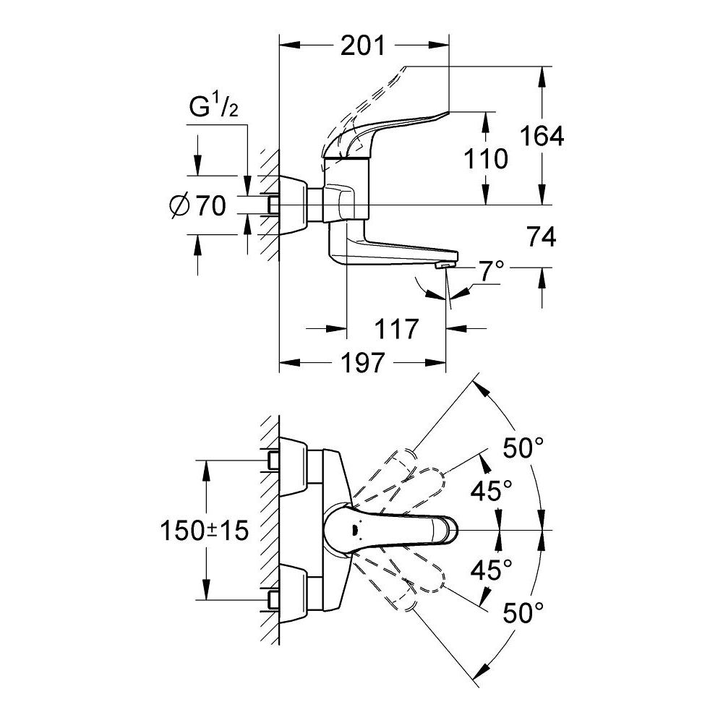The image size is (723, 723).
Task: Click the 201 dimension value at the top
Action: [x=362, y=46]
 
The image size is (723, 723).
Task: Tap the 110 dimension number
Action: [x=487, y=158]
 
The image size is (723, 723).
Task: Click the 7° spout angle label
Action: [x=491, y=273]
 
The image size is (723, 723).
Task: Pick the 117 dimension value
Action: [x=396, y=329]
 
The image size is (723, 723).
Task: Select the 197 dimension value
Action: [x=362, y=364]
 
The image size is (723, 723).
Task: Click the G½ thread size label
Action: [x=214, y=107]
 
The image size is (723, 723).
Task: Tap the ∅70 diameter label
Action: [x=196, y=206]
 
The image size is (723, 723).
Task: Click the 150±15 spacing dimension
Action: [x=205, y=531]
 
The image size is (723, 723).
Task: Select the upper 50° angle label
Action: [x=523, y=448]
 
